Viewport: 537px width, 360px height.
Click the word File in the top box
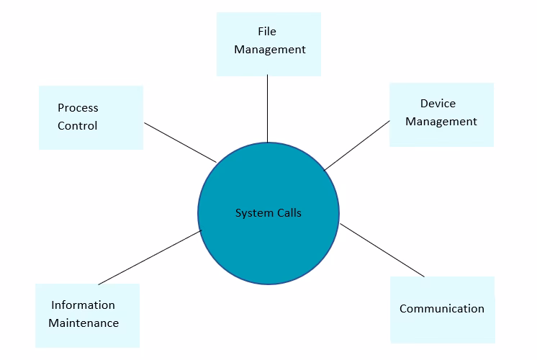(x=267, y=32)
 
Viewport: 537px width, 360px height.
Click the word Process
(x=78, y=108)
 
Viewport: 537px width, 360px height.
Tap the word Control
(x=78, y=126)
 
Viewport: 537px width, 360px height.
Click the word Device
(x=438, y=104)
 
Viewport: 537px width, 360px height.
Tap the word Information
(x=83, y=305)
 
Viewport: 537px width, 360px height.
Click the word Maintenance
(x=84, y=323)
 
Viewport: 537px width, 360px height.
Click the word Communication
(x=442, y=309)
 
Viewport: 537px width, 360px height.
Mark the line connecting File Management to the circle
(x=268, y=108)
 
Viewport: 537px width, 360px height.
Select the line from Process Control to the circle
(x=180, y=142)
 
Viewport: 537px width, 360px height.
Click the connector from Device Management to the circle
(x=357, y=145)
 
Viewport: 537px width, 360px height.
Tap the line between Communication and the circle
(x=382, y=250)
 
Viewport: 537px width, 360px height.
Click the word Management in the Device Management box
(x=441, y=122)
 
